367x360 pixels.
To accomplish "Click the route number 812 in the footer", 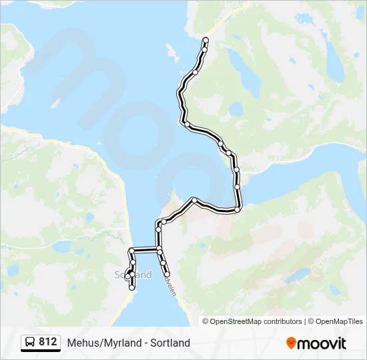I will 47,342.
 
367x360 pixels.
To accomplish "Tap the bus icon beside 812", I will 31,343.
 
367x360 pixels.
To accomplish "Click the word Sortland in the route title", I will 169,343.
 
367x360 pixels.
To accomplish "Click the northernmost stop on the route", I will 205,40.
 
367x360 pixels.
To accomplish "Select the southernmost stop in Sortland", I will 132,287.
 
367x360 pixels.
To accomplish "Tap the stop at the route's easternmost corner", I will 238,209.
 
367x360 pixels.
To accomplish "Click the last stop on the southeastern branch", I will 167,273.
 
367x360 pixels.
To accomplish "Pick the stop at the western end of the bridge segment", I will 132,251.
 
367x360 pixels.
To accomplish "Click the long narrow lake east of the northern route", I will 251,80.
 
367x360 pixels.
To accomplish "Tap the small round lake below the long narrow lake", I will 236,108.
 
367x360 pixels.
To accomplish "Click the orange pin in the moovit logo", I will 291,343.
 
